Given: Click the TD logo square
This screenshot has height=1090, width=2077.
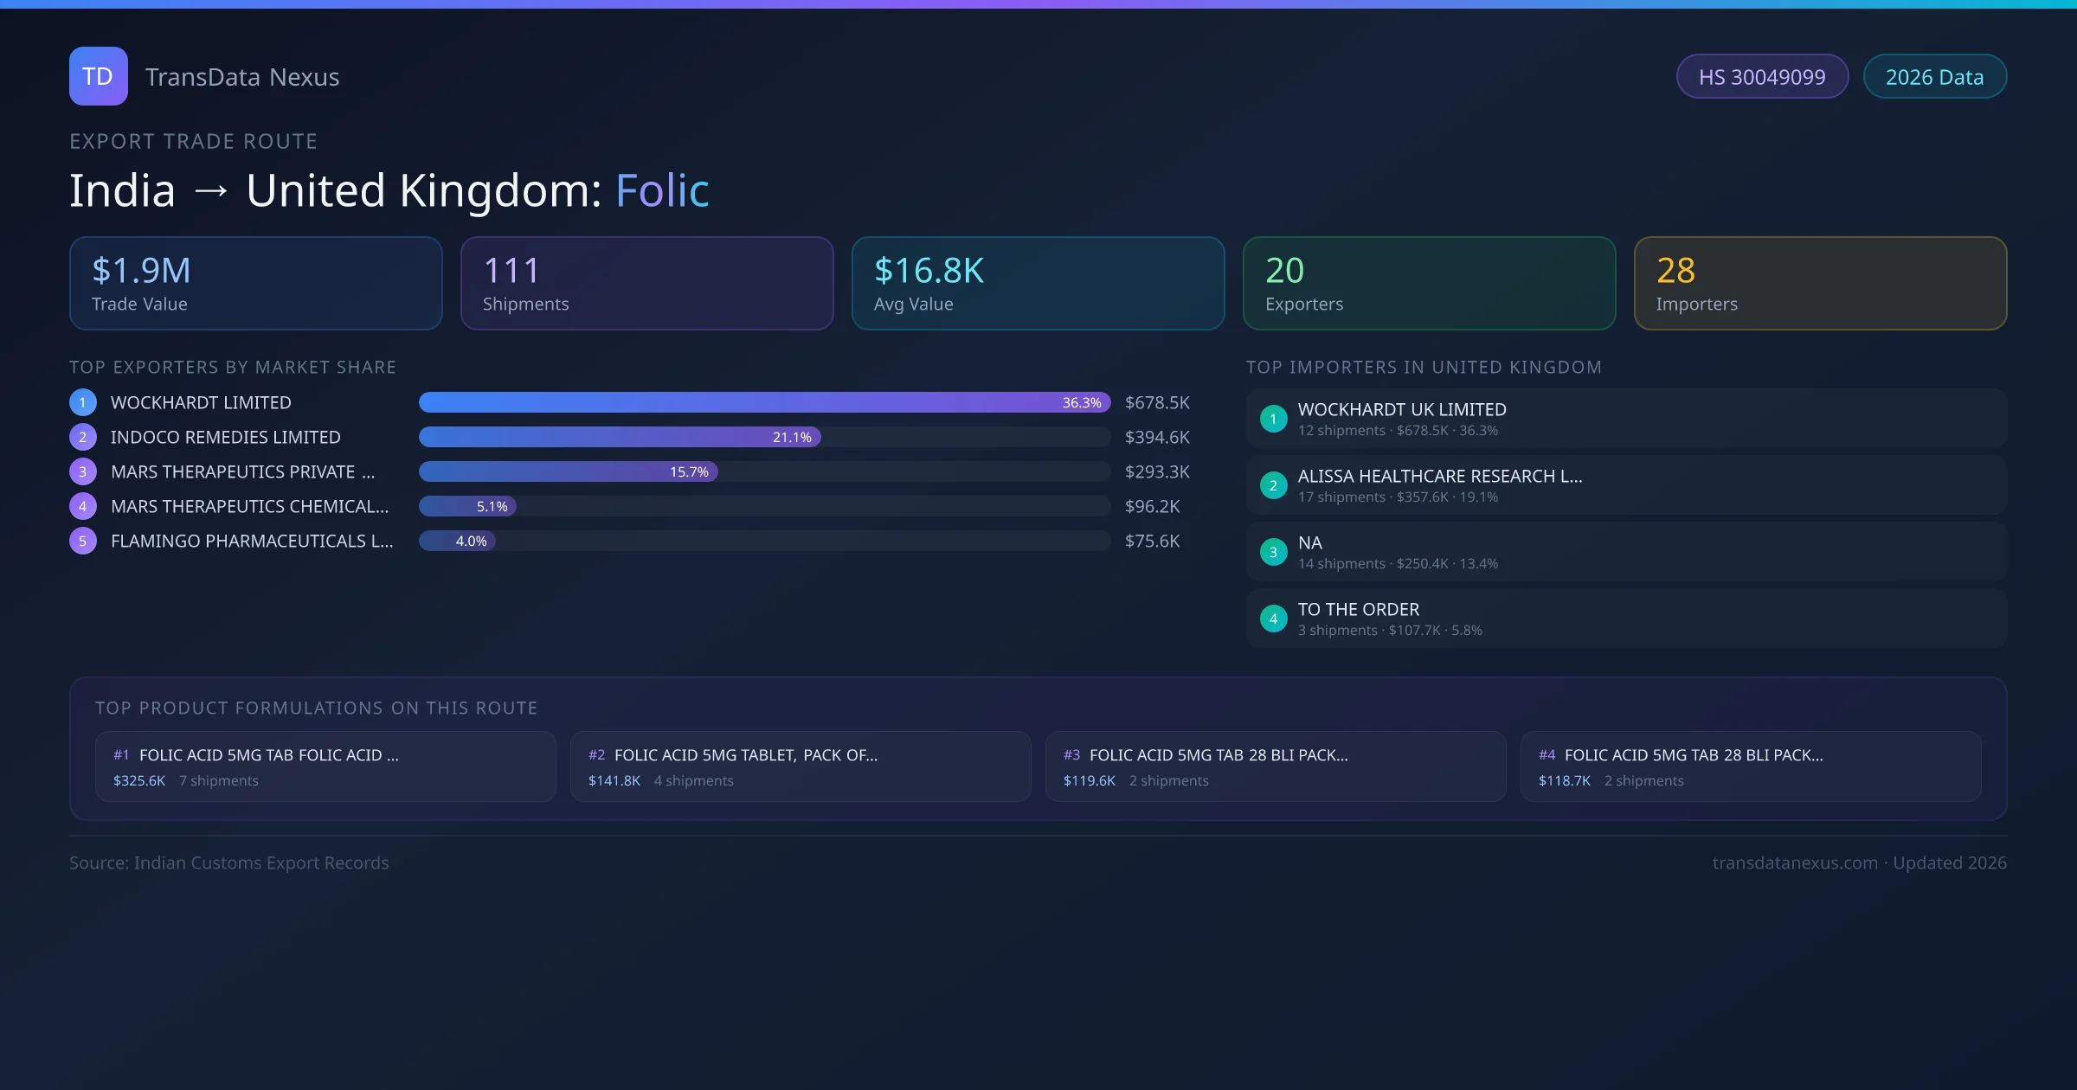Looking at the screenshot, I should coord(98,76).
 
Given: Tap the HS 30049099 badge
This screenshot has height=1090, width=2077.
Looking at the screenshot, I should coord(1762,77).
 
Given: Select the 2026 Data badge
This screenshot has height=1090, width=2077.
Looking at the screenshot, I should coord(1934,77).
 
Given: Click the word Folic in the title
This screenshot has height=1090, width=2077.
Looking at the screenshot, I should coord(662,190).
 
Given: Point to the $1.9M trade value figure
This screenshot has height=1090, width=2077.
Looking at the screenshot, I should coord(141,271).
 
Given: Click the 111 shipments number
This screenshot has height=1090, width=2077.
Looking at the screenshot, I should coord(511,271).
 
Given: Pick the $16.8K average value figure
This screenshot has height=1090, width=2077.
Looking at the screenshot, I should coord(929,271).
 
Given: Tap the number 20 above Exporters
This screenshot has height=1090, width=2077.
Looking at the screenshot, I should coord(1284,271).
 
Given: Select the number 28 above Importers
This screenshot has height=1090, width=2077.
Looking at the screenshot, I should coord(1675,271).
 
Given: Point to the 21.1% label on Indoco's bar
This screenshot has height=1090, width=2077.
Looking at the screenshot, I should coord(792,438).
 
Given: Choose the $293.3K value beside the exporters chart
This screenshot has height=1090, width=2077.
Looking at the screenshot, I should coord(1157,472).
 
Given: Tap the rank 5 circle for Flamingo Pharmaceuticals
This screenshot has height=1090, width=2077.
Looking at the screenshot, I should coord(83,542).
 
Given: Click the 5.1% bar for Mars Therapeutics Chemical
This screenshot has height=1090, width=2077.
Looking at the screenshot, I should coord(467,507).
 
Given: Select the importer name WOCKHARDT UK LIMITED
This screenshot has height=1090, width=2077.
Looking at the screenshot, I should coord(1402,410).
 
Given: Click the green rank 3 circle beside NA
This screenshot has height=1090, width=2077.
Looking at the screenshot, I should coord(1273,552).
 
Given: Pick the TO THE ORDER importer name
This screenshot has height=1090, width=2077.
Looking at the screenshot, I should coord(1359,610).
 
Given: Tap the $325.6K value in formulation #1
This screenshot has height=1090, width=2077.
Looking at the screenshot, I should coord(139,781).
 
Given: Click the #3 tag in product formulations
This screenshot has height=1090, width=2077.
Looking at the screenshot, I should coord(1072,755).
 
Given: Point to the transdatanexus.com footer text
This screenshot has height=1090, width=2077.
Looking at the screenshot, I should coord(1795,863).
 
